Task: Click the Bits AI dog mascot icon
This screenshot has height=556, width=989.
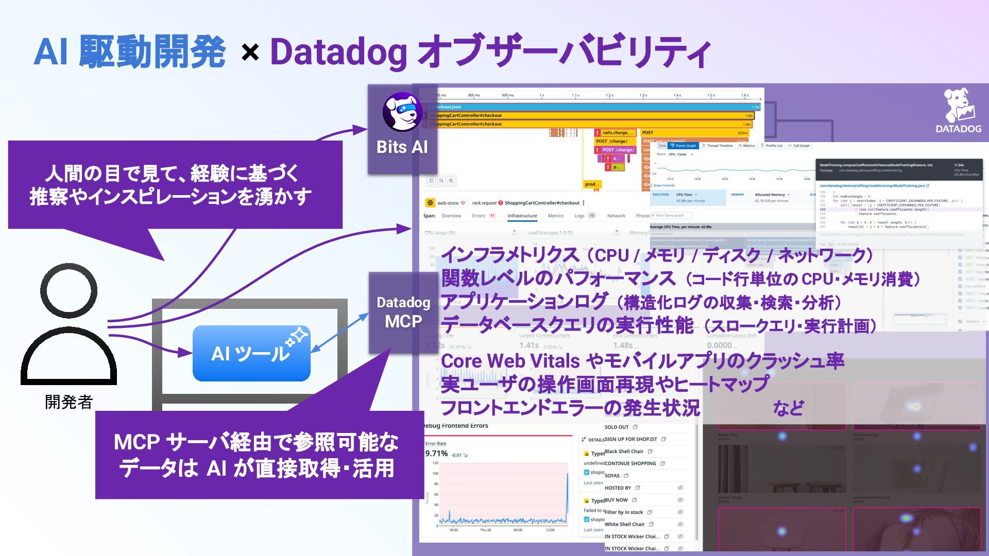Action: click(x=402, y=112)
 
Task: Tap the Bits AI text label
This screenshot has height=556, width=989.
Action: click(x=402, y=147)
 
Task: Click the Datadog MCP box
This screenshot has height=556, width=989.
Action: click(x=403, y=312)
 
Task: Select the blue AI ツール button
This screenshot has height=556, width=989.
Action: click(x=251, y=353)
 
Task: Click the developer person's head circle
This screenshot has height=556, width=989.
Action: click(x=69, y=290)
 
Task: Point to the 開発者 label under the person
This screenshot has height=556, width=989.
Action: click(x=69, y=402)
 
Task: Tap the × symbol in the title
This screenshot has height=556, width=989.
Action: click(x=250, y=53)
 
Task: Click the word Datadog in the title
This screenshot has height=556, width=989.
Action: click(x=338, y=53)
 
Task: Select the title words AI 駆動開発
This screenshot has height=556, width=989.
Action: click(x=130, y=53)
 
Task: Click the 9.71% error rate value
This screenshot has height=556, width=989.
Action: click(x=436, y=454)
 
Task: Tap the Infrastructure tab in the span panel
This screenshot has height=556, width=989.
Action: click(x=522, y=216)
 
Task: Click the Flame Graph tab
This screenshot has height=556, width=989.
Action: click(x=684, y=146)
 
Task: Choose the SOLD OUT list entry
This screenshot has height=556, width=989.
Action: click(x=617, y=427)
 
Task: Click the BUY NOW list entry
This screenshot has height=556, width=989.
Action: click(x=616, y=500)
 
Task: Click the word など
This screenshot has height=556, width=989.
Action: click(x=788, y=408)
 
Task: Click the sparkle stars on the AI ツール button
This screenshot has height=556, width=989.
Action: click(x=297, y=337)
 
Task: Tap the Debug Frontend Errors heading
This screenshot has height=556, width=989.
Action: click(x=455, y=426)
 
